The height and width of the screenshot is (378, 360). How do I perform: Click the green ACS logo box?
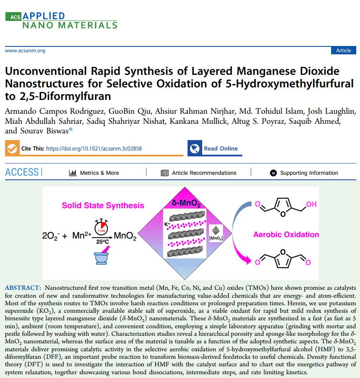[13, 17]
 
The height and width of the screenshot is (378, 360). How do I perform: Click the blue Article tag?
[343, 50]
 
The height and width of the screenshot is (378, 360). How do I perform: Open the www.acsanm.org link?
[25, 51]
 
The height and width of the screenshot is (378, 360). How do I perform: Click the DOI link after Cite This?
[94, 148]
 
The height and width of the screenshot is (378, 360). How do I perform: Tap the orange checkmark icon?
[12, 148]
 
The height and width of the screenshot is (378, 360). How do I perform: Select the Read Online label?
[221, 148]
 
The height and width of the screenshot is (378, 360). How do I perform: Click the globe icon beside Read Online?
[195, 148]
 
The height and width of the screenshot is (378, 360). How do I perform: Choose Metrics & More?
[94, 173]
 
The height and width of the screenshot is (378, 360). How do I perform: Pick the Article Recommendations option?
[198, 173]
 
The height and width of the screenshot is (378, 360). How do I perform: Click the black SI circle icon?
[273, 173]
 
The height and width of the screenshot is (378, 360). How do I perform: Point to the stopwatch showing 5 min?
[101, 226]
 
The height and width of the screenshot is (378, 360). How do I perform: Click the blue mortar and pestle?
[102, 255]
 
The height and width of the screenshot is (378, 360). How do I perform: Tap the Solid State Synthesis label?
[103, 205]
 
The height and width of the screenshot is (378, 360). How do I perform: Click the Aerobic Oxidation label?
[286, 234]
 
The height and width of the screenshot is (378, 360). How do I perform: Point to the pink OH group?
[311, 204]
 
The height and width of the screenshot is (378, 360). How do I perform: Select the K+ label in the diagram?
[167, 225]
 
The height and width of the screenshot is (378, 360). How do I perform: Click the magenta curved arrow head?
[247, 260]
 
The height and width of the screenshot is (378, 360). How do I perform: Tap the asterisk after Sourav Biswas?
[71, 130]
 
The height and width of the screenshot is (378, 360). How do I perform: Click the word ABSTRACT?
[23, 288]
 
